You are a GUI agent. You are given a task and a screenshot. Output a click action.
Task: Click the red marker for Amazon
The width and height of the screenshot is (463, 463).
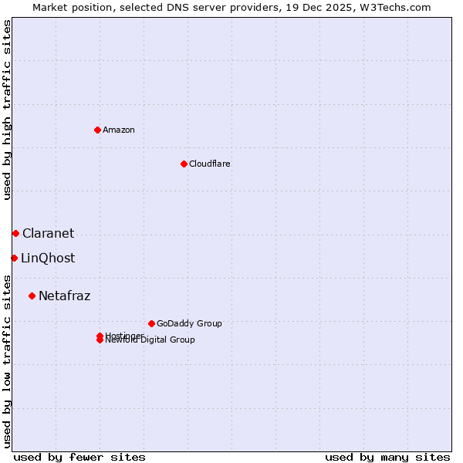point(97,130)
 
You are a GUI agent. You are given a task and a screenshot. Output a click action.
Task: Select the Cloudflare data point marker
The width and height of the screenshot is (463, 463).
point(184,164)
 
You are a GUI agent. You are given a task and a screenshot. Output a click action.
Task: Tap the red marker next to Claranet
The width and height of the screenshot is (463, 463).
point(15,233)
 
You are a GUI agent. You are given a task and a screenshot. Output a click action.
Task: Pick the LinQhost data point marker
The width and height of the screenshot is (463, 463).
point(14,258)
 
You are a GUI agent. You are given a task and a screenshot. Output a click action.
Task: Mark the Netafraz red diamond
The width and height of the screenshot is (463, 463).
point(32,296)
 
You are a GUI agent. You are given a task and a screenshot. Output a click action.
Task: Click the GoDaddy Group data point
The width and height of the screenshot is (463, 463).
point(151,323)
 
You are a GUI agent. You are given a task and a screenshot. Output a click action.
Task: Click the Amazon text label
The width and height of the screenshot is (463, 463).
point(118,130)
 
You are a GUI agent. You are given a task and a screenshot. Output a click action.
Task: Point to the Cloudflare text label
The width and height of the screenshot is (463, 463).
point(209,164)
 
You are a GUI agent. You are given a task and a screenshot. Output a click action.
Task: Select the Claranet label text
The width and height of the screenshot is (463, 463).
point(48,233)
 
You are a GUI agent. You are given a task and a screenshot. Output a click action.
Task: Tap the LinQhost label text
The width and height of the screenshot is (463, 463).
point(48,258)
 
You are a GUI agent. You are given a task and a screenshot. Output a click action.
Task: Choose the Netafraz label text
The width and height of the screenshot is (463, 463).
point(64,296)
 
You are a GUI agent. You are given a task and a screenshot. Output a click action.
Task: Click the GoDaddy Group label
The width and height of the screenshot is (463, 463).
point(188,323)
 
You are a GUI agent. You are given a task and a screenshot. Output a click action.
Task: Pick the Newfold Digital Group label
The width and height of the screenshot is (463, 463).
point(151,340)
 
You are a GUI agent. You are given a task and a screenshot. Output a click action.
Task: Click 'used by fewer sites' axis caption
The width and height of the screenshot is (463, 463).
point(79,457)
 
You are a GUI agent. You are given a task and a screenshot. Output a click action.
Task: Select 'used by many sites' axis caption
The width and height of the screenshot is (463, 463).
point(387,457)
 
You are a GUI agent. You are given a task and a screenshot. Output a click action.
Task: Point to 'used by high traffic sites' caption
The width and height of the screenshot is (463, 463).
point(7,110)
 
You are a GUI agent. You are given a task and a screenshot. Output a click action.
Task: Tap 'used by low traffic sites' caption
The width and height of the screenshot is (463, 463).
point(7,360)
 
